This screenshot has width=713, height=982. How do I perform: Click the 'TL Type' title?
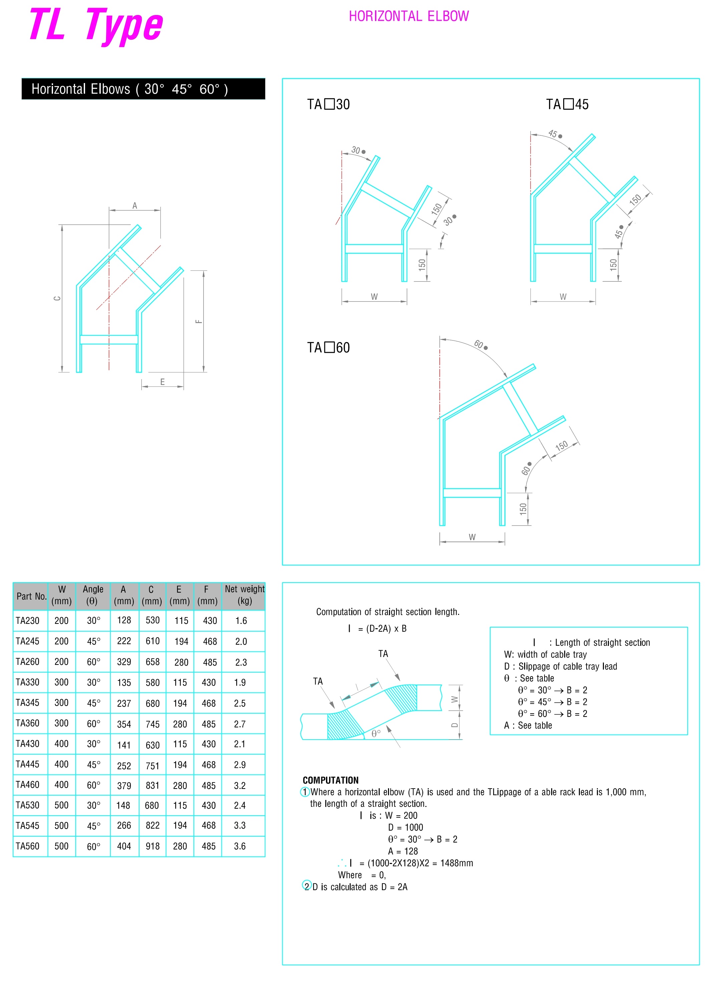tap(96, 26)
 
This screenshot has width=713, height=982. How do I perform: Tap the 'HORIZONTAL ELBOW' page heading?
tap(408, 16)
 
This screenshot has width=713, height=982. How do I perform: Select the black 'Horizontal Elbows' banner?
tap(143, 89)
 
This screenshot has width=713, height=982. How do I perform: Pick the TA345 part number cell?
tap(28, 702)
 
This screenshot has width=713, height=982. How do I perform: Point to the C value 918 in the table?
tap(152, 846)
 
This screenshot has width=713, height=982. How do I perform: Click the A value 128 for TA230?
tap(124, 620)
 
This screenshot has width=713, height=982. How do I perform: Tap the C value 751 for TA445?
tap(152, 766)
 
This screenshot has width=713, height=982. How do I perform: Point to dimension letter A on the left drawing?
tap(135, 206)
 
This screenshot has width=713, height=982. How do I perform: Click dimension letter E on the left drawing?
tap(162, 382)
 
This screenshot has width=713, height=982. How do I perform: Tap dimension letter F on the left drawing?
tap(199, 321)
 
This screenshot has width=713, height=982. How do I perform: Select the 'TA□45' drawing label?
tap(567, 104)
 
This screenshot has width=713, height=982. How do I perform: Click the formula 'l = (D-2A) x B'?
tap(377, 629)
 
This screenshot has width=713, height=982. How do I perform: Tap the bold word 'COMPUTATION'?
tap(331, 780)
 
